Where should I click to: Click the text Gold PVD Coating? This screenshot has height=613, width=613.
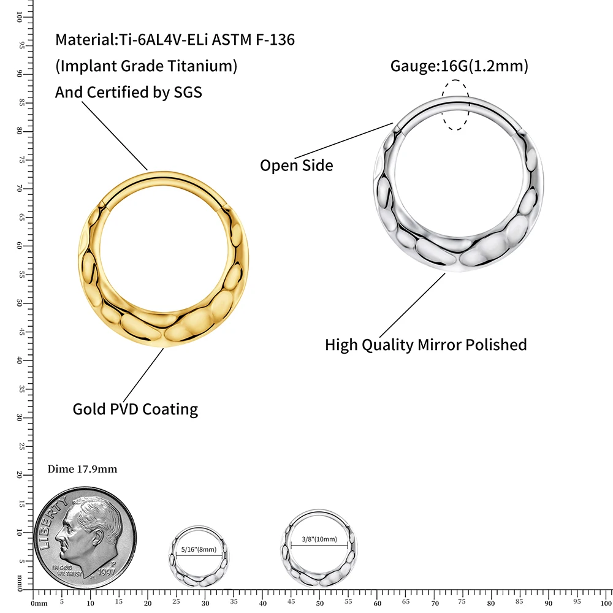[135, 409]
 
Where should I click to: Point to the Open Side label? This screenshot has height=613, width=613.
[297, 165]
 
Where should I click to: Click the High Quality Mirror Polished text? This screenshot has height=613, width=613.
[425, 345]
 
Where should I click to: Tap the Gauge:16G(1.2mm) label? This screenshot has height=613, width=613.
[459, 66]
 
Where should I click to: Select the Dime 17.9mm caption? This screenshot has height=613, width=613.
[82, 469]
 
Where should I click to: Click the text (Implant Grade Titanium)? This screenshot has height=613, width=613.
[146, 66]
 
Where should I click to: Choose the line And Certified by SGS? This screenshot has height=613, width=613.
[129, 92]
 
